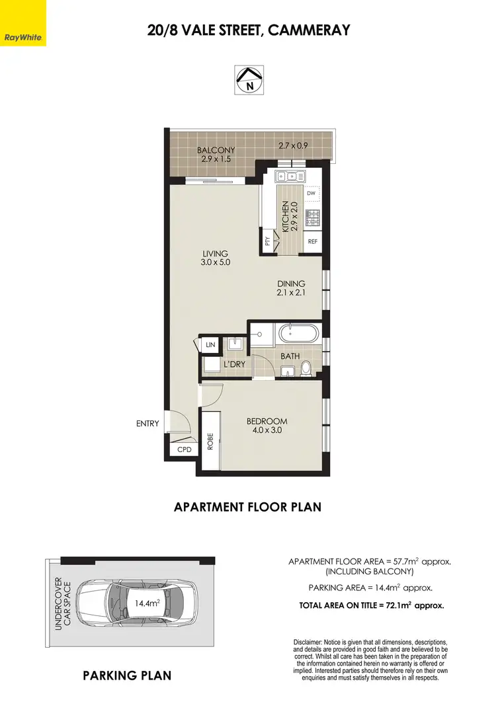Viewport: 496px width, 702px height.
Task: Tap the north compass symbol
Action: [x=248, y=79]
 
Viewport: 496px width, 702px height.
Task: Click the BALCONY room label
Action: [x=216, y=150]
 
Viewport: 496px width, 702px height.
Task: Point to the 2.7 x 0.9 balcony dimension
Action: [x=292, y=145]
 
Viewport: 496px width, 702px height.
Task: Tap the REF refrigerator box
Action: [x=313, y=241]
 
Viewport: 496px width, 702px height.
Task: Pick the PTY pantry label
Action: [x=267, y=241]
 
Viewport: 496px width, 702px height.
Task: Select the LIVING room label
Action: [x=216, y=253]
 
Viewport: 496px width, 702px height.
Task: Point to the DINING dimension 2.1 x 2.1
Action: [x=291, y=293]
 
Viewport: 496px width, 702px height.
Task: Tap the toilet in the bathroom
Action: [x=305, y=367]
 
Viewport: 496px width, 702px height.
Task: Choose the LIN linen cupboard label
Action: [x=211, y=344]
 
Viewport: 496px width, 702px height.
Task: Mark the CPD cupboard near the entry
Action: [x=183, y=449]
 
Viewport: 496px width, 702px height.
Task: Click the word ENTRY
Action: [x=147, y=423]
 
